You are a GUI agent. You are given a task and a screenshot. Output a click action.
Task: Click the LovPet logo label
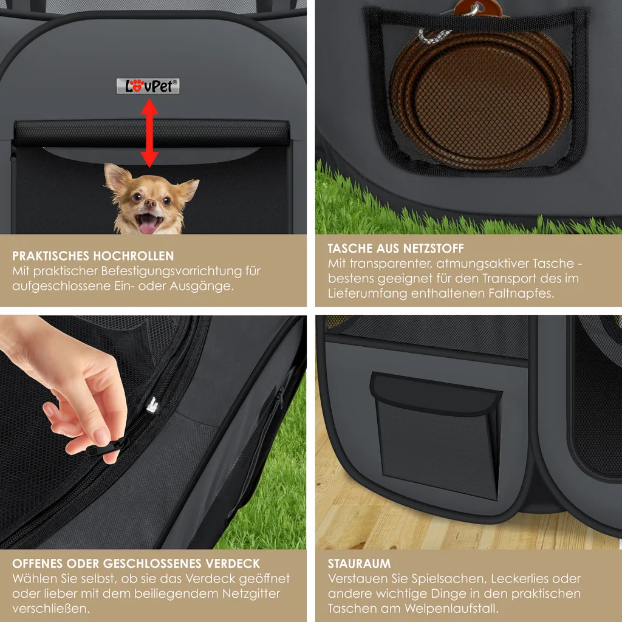coord(148,86)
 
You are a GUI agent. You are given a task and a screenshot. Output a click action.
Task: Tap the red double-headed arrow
coord(149,133)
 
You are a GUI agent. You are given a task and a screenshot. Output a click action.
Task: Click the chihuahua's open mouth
coord(148,223)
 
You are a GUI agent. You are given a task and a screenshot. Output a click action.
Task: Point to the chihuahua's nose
coord(150,203)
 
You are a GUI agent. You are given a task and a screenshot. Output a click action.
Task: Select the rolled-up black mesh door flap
coord(151,133)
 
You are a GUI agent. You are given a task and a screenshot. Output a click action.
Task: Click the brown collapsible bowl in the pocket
coord(481,97)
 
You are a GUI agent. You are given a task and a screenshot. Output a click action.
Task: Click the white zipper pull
coord(152,405)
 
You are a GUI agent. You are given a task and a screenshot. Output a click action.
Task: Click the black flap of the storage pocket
coord(436,394)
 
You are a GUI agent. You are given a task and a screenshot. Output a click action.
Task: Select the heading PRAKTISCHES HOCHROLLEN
coord(93,256)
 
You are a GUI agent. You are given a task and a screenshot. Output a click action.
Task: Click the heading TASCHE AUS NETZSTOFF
coord(395,248)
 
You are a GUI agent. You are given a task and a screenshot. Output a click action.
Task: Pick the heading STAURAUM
coord(359,563)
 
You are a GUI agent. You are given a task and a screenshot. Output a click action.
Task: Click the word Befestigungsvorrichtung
coord(171,272)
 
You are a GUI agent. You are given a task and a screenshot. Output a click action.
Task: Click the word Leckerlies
coord(524,579)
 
